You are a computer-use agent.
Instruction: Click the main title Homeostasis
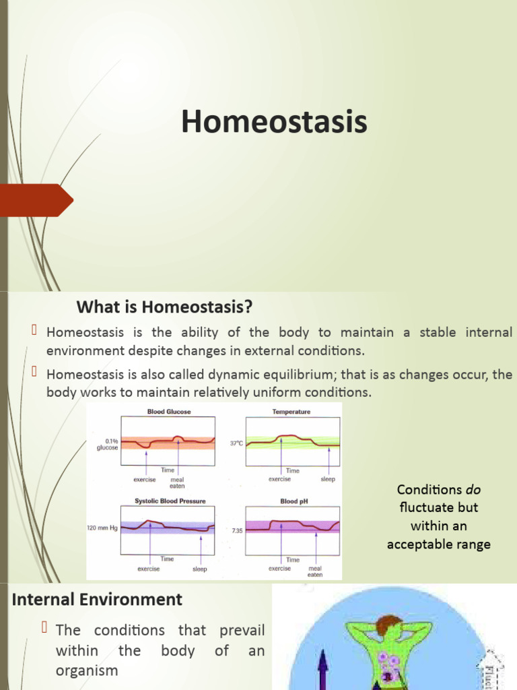coord(274,123)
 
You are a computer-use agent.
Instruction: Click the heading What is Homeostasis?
coord(164,308)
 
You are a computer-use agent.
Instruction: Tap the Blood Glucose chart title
coord(168,411)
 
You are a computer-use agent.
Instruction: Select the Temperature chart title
coord(292,411)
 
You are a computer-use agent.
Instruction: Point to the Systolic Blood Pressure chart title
coord(170,501)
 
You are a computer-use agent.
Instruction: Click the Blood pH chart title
coord(294,501)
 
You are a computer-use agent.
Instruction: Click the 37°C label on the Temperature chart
coord(236,443)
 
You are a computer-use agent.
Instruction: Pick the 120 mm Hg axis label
coord(102,528)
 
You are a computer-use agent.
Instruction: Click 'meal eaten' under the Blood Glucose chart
coord(177,482)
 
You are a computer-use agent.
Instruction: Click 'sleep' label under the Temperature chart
coord(328,479)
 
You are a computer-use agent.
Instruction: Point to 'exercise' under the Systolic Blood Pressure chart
coord(149,569)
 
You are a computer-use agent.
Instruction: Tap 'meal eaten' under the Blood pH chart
coord(315,571)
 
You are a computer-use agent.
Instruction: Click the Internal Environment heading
coord(98,599)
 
